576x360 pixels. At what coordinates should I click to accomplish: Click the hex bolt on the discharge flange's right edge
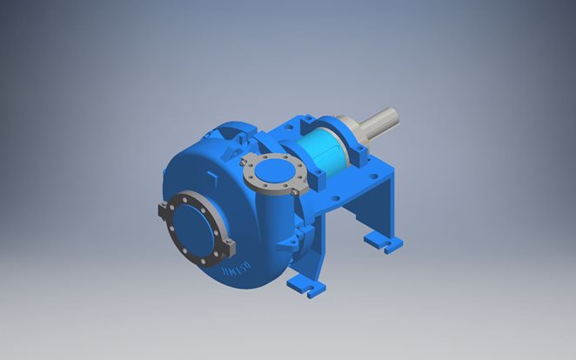click(x=297, y=183)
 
